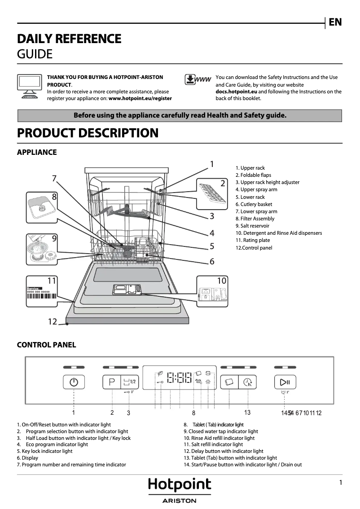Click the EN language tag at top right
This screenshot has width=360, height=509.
(335, 22)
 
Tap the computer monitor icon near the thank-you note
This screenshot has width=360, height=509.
(30, 86)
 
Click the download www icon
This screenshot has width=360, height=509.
(198, 80)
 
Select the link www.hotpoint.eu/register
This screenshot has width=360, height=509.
(140, 98)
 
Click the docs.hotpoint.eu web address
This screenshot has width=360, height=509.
(236, 92)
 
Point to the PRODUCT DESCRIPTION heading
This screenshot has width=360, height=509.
(88, 133)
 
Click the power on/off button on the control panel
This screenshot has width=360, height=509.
(74, 382)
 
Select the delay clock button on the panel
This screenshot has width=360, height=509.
(247, 382)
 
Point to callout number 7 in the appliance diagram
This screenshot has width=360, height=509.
(54, 178)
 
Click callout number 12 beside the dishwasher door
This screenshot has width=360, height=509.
(53, 321)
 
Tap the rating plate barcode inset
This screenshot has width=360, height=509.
(42, 292)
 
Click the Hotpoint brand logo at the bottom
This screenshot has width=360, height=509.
(180, 485)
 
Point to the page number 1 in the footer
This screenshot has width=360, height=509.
(341, 483)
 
